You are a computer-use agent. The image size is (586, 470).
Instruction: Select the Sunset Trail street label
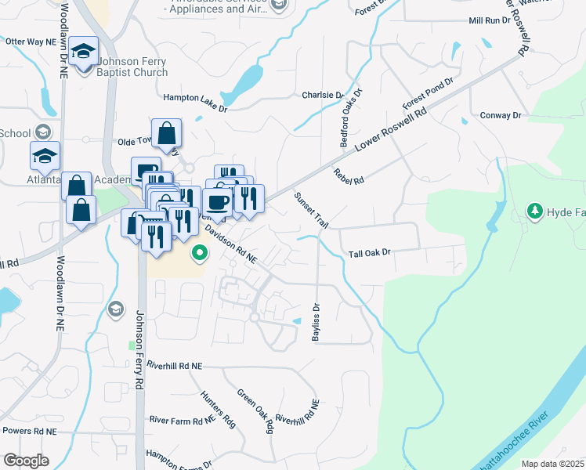point(310,209)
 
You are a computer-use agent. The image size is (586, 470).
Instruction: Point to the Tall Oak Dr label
point(369,254)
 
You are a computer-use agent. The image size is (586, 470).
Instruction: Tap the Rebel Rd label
point(349,175)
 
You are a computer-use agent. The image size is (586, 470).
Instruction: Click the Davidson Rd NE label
point(231,245)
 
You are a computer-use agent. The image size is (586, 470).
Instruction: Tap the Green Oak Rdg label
point(255,411)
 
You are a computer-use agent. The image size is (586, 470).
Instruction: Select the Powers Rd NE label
point(29,431)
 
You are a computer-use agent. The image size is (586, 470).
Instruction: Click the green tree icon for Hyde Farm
point(535,211)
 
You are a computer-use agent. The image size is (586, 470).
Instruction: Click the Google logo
point(26,460)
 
